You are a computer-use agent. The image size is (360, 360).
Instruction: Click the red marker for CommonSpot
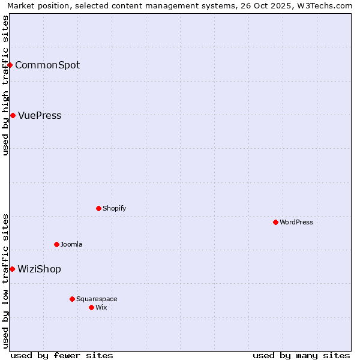(10, 65)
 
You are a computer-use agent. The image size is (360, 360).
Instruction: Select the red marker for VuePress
(13, 115)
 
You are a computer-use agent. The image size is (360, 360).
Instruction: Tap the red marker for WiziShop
(12, 269)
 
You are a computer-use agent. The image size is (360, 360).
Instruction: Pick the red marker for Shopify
(99, 208)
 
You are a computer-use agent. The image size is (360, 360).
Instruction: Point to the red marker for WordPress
(275, 222)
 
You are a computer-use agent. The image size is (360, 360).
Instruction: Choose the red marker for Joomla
(57, 244)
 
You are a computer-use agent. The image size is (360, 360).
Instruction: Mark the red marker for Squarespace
(72, 299)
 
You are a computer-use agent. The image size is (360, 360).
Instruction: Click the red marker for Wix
(91, 307)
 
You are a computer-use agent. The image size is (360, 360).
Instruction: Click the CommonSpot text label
(47, 65)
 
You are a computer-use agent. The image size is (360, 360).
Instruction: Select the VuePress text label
(40, 115)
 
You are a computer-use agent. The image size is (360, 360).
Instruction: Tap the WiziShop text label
(39, 269)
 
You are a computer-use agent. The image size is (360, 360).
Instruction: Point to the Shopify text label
(114, 208)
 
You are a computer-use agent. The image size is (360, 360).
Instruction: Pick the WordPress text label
(296, 222)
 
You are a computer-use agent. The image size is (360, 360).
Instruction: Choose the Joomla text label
(71, 244)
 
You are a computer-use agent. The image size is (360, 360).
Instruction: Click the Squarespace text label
(97, 299)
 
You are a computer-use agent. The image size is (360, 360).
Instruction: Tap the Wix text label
(101, 307)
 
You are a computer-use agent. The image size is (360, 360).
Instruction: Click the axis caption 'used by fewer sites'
(62, 355)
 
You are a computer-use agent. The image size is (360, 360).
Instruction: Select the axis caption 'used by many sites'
(301, 355)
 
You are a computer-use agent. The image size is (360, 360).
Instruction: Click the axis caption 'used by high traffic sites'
(6, 85)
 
